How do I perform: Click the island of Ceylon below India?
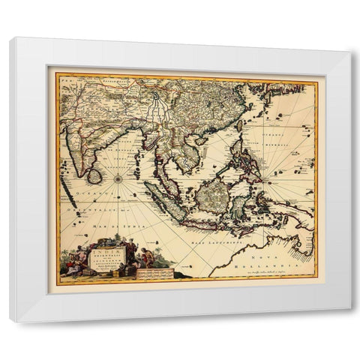point(94,175)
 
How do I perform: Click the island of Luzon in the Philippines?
point(247,149)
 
